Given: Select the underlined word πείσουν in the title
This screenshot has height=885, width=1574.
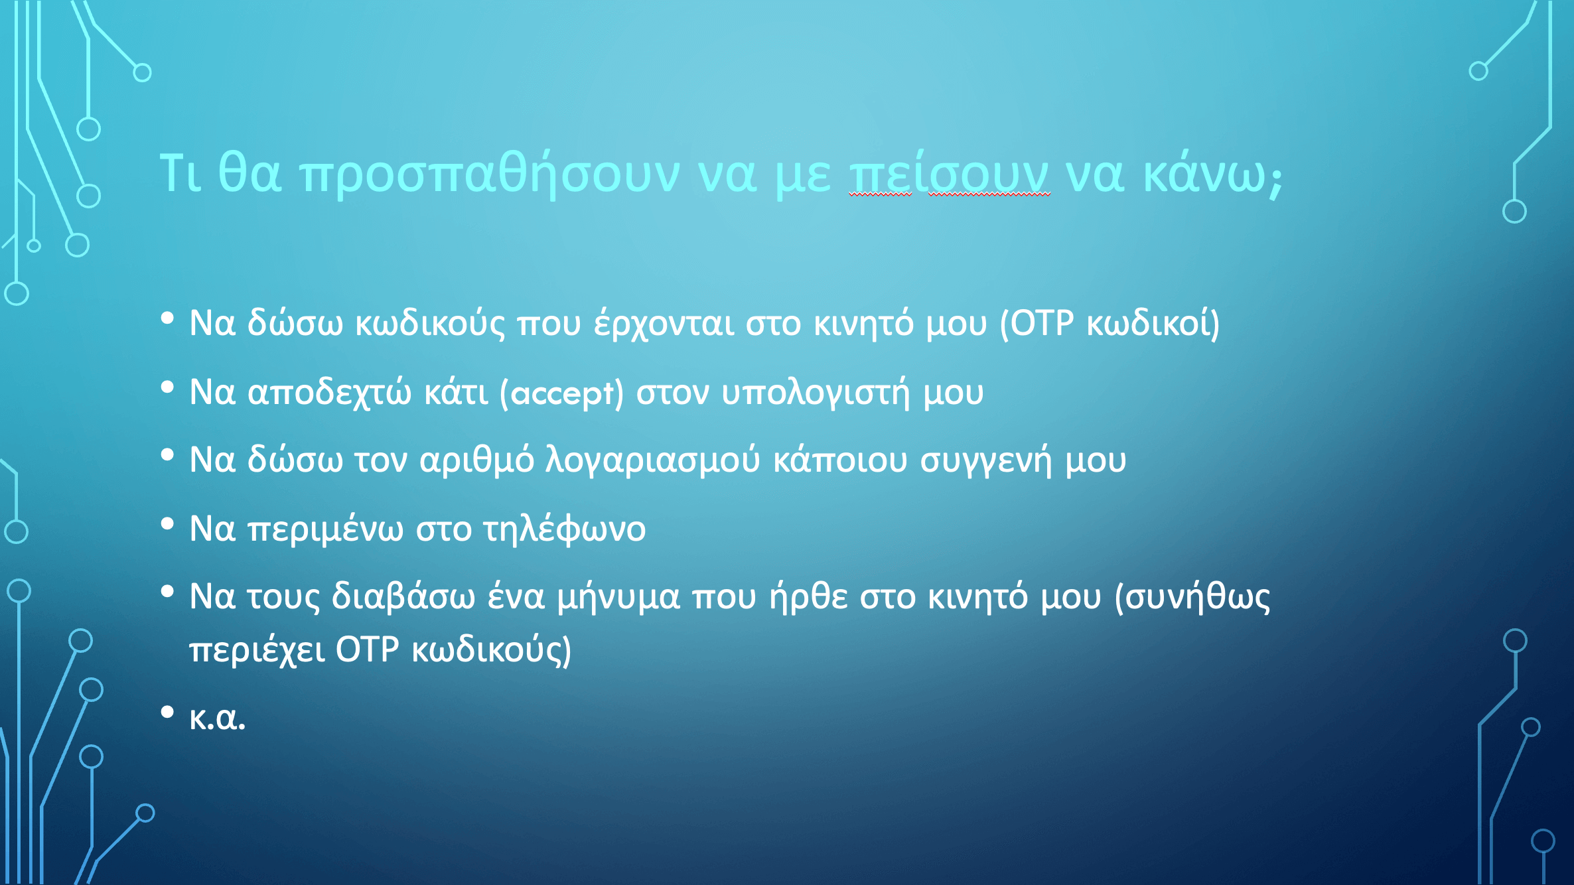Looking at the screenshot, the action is (x=950, y=174).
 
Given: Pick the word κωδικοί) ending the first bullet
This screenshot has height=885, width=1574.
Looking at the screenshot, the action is (x=1153, y=324).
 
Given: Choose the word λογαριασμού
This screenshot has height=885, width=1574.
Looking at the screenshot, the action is (x=652, y=460).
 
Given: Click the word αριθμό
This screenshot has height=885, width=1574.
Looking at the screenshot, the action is (x=476, y=460).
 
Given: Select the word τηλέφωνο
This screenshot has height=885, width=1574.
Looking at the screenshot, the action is (x=564, y=529).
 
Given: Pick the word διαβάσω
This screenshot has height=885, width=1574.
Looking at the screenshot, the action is (x=403, y=596).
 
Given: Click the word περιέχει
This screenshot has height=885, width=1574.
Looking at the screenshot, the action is (x=257, y=650).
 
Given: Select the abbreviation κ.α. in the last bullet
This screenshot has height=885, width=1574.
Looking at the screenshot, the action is (x=217, y=718).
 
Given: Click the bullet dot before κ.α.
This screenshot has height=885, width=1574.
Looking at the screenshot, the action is (x=167, y=713).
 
